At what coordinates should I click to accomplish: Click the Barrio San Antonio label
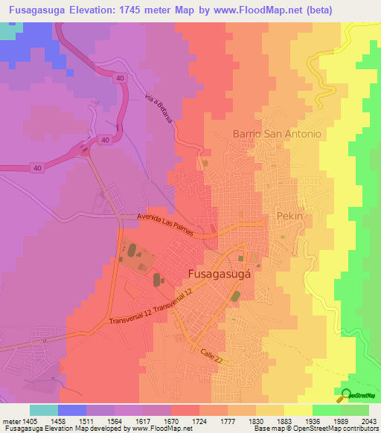click(x=276, y=134)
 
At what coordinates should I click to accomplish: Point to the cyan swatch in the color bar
click(x=44, y=410)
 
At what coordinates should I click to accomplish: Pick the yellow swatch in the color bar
click(x=298, y=410)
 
